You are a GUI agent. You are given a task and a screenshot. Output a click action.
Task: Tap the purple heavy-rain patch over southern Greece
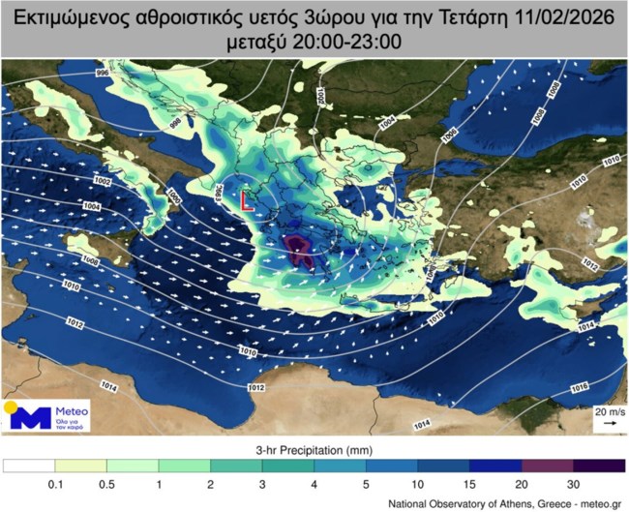pyautogui.click(x=299, y=251)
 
